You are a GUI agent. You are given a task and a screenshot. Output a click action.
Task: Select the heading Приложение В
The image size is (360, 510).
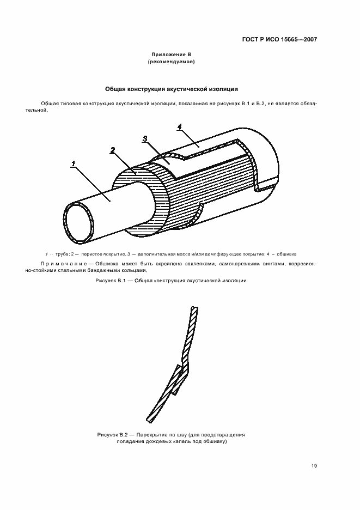tap(171, 55)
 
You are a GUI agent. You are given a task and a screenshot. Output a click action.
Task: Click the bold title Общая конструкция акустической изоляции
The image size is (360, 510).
tap(171, 89)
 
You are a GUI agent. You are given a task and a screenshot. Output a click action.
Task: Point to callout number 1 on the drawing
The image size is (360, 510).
tap(72, 163)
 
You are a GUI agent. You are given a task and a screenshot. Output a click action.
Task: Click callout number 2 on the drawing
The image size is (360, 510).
tap(112, 150)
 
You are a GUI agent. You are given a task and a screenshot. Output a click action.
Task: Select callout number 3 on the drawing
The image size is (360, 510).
tap(145, 138)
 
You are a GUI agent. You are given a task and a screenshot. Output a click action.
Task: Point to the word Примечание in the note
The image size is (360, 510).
tap(62, 264)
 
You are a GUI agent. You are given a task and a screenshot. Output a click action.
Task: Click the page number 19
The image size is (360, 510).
tap(314, 465)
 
